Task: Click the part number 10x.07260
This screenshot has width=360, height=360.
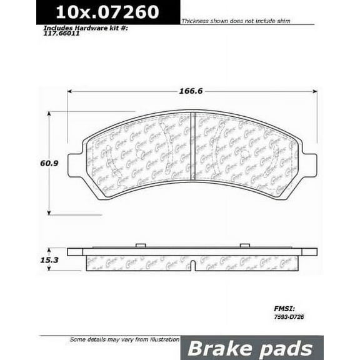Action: pos(107,12)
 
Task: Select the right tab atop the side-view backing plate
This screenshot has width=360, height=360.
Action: pos(244,245)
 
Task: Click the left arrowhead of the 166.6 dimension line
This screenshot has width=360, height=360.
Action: pos(71,91)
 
